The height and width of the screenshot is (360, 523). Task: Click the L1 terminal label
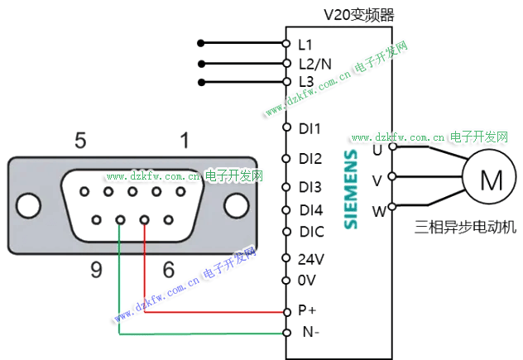(305, 42)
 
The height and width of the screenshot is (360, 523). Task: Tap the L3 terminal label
(306, 82)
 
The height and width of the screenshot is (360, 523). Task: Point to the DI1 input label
(309, 128)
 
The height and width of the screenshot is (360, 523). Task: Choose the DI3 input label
(310, 187)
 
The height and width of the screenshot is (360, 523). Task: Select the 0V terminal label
(306, 280)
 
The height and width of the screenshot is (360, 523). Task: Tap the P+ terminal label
(306, 311)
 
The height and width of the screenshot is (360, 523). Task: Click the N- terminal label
(307, 333)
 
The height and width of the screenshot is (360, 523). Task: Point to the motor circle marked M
(491, 178)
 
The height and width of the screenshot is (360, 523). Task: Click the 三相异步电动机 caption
(464, 226)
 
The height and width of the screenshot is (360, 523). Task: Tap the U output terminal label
(377, 150)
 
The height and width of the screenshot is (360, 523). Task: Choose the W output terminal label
(378, 211)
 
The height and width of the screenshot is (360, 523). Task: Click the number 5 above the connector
(80, 140)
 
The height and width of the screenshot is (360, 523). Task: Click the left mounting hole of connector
(28, 204)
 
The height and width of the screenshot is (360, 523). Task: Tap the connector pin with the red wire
(145, 220)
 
